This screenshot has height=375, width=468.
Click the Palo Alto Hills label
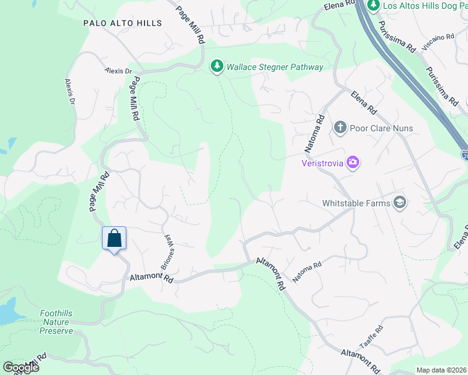(x=123, y=23)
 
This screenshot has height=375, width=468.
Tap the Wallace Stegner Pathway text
(x=275, y=67)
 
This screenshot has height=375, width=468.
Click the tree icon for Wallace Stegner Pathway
(x=217, y=66)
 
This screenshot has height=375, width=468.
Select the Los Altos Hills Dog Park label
(x=425, y=6)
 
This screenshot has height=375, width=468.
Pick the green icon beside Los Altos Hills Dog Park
(x=374, y=6)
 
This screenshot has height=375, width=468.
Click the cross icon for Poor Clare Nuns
(x=340, y=128)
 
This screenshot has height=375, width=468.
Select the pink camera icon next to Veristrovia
(x=354, y=162)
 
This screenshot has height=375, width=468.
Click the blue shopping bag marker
(x=114, y=239)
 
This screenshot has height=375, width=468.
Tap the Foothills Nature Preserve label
(x=56, y=322)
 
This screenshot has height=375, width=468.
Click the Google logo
(x=20, y=367)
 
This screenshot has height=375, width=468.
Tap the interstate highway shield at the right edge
(x=465, y=154)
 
